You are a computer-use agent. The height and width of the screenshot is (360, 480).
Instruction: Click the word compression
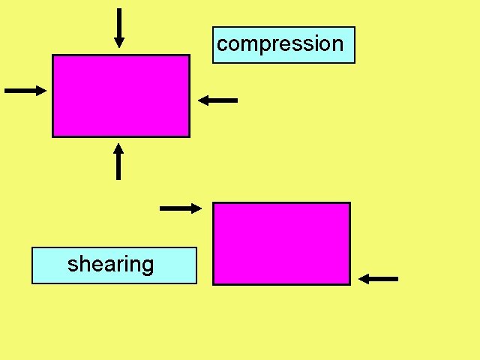click(x=280, y=44)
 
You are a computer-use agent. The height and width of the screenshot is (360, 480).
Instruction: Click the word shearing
click(x=111, y=265)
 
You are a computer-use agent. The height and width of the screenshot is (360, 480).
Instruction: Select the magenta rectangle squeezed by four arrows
click(x=121, y=96)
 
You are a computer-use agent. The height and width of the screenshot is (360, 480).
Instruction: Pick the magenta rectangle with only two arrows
click(x=282, y=244)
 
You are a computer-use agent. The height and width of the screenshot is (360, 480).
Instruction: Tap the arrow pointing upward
click(x=118, y=162)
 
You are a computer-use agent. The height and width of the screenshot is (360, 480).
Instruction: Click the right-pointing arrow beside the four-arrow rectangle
click(x=25, y=90)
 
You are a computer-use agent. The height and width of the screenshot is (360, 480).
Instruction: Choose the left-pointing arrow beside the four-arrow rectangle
click(x=218, y=100)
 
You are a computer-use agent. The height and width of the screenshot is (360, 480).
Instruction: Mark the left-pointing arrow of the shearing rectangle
click(x=378, y=279)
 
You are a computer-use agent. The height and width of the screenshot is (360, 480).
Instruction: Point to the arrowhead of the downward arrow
click(x=118, y=43)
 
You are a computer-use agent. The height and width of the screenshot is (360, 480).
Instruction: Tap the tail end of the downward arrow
click(x=118, y=10)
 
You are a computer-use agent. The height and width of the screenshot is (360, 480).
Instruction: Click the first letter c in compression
click(x=222, y=44)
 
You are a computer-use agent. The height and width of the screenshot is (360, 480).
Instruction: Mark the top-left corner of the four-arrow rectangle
click(x=52, y=55)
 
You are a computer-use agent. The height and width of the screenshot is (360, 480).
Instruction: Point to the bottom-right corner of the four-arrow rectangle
click(x=188, y=136)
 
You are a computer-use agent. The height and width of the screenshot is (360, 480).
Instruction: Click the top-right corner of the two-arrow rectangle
click(x=349, y=203)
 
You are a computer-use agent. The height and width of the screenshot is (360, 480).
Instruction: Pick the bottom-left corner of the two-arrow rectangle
click(x=214, y=284)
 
